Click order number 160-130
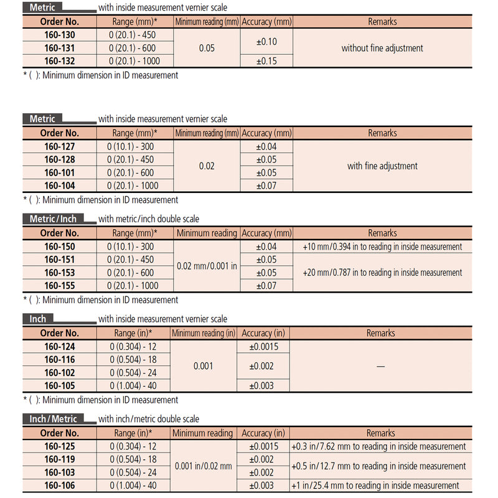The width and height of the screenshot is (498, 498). pos(60,35)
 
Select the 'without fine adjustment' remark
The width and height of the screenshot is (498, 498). pos(382,48)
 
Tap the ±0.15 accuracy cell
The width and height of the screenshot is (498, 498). pos(266,61)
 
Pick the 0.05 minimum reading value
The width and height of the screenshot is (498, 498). pos(207,48)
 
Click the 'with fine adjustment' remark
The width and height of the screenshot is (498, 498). pos(382,166)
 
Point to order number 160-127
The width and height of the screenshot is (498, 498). pos(60,146)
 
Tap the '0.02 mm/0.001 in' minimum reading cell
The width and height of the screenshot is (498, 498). pos(207,266)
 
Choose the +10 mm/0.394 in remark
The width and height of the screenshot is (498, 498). pos(382,247)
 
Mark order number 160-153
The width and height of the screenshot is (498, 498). pos(60,273)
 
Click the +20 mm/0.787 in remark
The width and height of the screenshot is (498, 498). pos(382,273)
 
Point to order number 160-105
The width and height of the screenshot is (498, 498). pos(60,386)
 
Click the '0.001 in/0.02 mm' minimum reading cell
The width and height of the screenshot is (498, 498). pos(203,466)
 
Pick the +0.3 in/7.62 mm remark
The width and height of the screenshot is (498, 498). pos(378,446)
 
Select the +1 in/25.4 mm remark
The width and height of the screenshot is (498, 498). pos(374,486)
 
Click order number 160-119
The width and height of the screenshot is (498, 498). pos(60,459)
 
